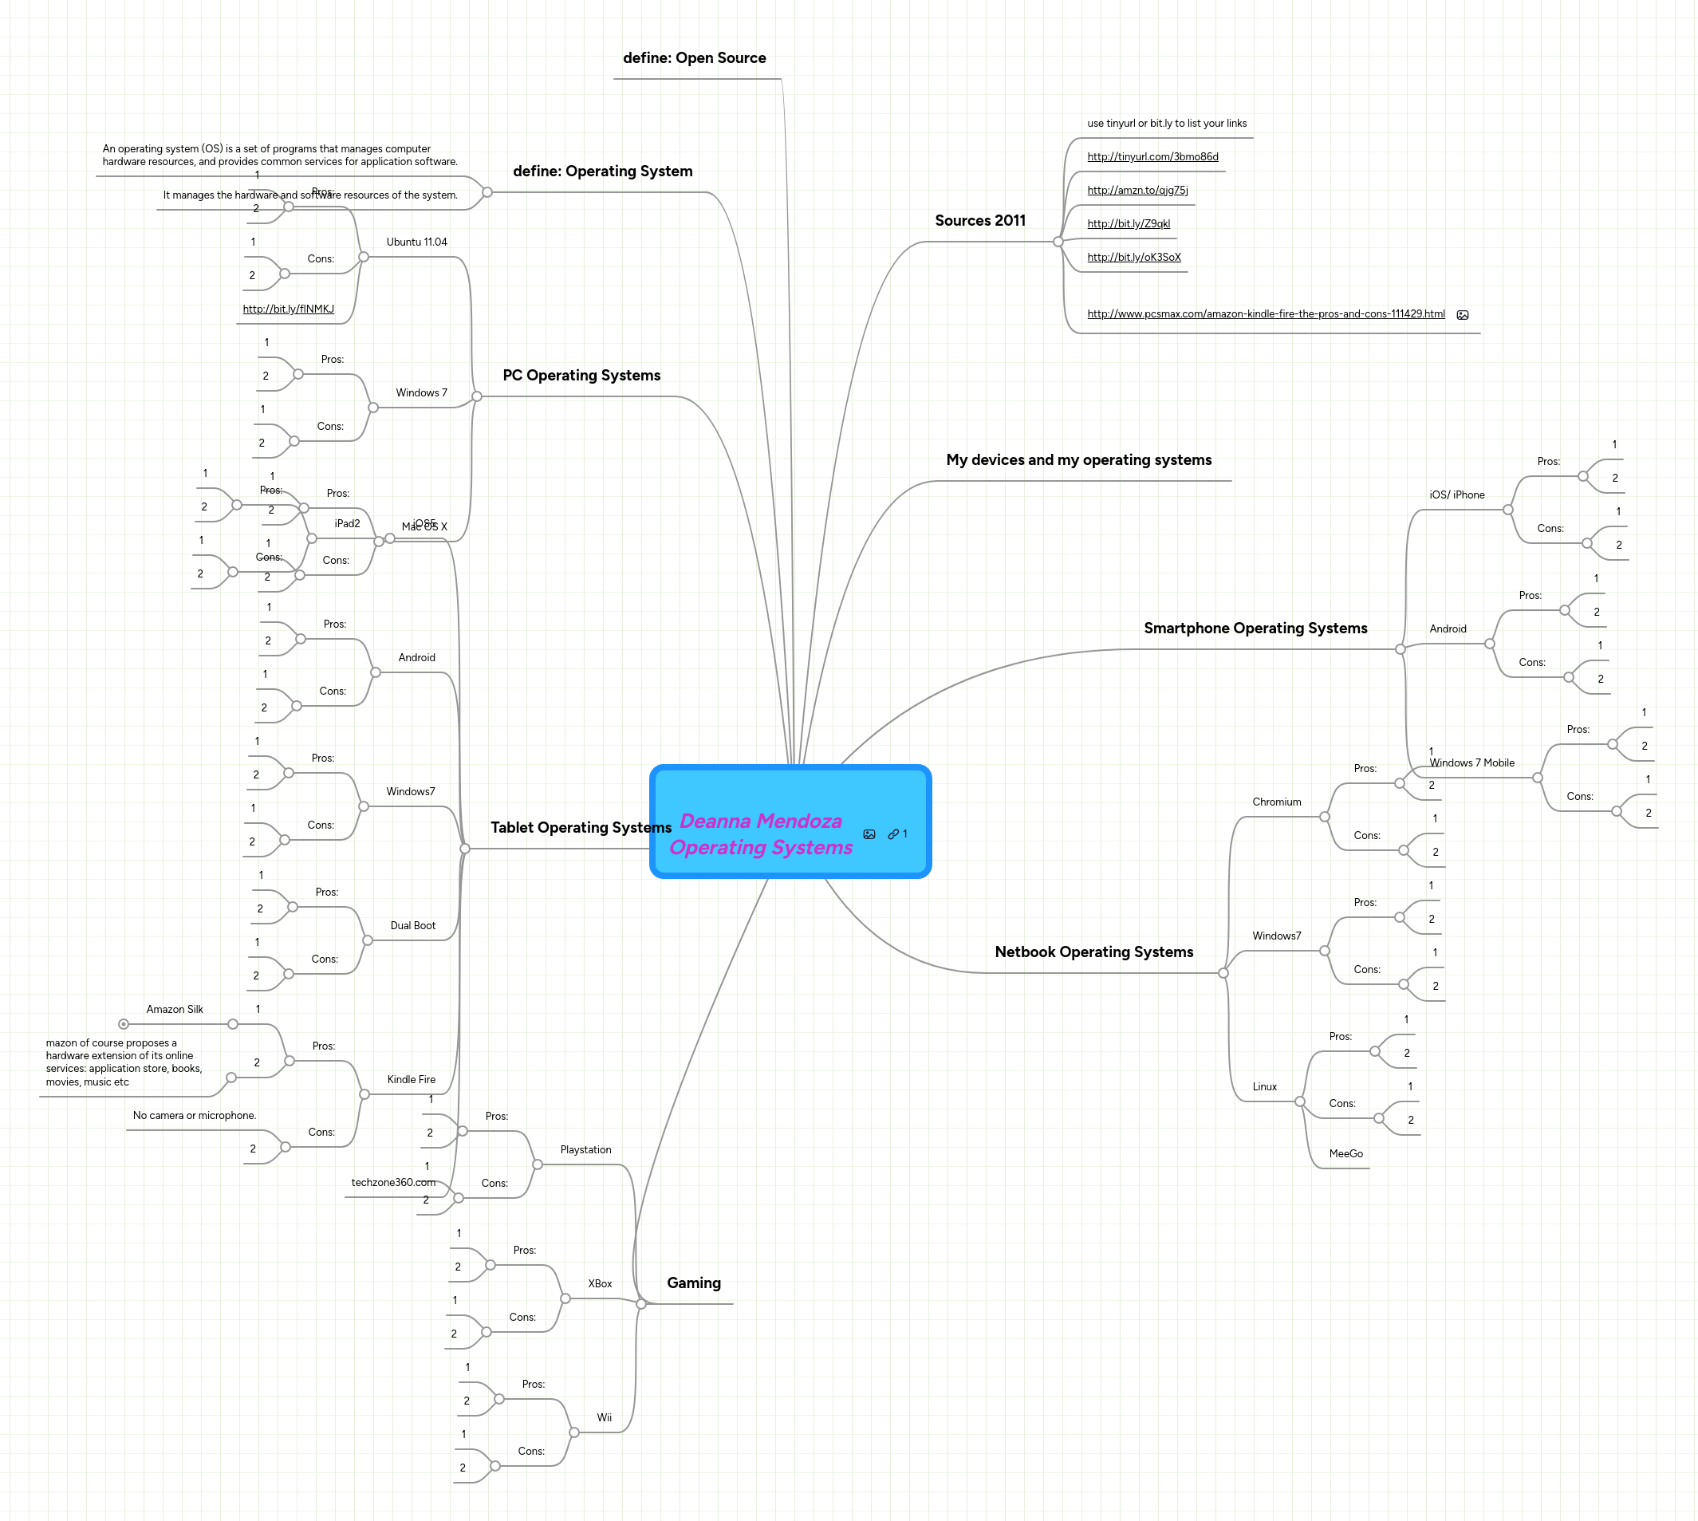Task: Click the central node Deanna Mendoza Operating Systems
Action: pyautogui.click(x=760, y=833)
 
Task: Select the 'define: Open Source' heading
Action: pyautogui.click(x=694, y=57)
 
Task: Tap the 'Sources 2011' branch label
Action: pyautogui.click(x=979, y=221)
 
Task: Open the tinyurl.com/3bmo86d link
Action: pyautogui.click(x=1152, y=157)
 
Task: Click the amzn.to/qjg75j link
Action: pyautogui.click(x=1137, y=191)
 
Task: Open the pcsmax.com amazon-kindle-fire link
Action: pyautogui.click(x=1265, y=314)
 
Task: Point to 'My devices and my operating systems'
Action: pyautogui.click(x=1078, y=459)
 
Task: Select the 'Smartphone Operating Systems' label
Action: pyautogui.click(x=1255, y=628)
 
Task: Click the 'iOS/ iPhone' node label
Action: pyautogui.click(x=1456, y=495)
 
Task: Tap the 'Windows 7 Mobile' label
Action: pyautogui.click(x=1471, y=763)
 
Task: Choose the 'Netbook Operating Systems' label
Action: pyautogui.click(x=1093, y=952)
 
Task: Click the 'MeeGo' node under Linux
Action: pyautogui.click(x=1345, y=1154)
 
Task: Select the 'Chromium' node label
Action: pyautogui.click(x=1276, y=802)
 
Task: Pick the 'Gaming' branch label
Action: pyautogui.click(x=694, y=1283)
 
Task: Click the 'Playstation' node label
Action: pyautogui.click(x=585, y=1150)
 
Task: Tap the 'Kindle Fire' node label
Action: pyautogui.click(x=411, y=1080)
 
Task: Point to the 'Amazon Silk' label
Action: pyautogui.click(x=175, y=1010)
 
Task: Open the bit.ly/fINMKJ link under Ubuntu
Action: pyautogui.click(x=288, y=309)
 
